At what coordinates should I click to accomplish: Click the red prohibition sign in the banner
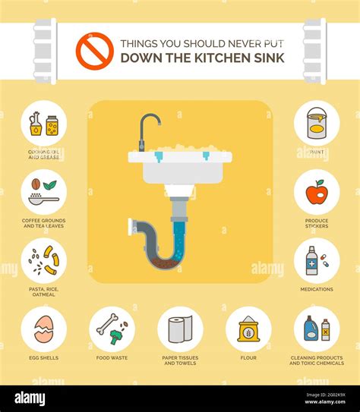click(x=94, y=51)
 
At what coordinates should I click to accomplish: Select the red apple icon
click(x=316, y=192)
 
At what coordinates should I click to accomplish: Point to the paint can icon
click(x=317, y=123)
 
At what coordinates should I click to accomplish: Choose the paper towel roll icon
click(x=179, y=329)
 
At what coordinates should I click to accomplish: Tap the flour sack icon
click(x=248, y=329)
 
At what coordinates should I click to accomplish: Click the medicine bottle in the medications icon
click(x=311, y=261)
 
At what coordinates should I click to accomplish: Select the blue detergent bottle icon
click(x=311, y=329)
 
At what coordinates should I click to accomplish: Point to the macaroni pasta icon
click(x=50, y=260)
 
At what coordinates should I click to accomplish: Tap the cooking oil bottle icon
click(x=36, y=124)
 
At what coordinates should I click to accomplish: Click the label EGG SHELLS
click(x=43, y=357)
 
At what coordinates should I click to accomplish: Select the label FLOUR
click(x=248, y=357)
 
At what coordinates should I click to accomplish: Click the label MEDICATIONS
click(x=317, y=289)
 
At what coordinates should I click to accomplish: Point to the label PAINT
click(x=317, y=151)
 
